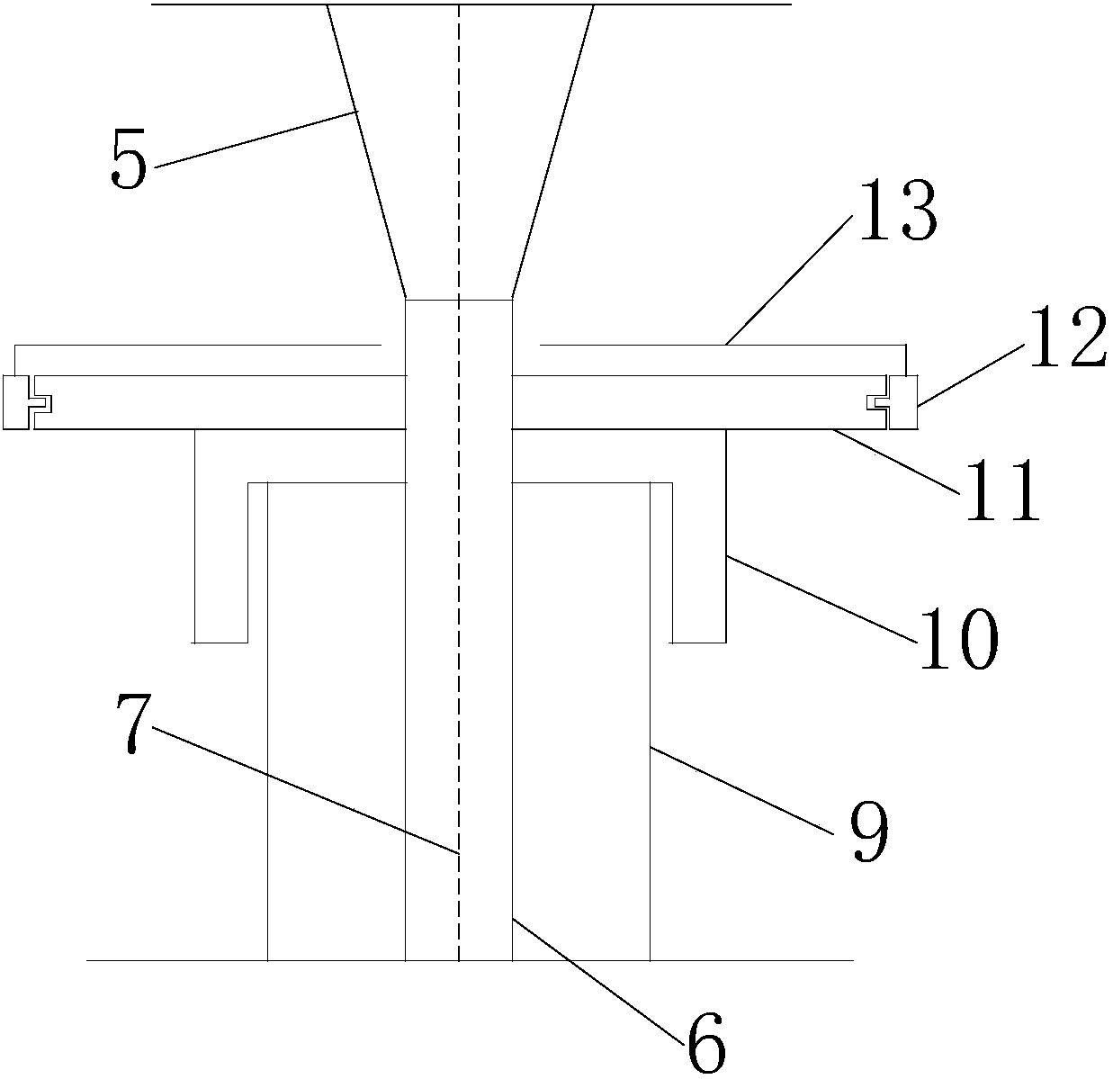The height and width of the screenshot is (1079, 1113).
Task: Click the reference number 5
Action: pos(128,160)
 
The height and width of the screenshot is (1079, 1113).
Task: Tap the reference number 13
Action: pos(897,210)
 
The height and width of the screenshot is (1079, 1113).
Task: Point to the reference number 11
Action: pos(1002,490)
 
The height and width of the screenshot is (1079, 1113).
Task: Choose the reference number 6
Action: pos(705,1043)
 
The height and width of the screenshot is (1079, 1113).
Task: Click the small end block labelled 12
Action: pos(902,402)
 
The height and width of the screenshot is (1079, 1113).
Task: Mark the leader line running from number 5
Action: pos(256,138)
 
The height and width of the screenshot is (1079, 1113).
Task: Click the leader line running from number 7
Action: pos(306,789)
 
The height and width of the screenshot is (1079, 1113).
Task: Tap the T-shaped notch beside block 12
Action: pos(878,403)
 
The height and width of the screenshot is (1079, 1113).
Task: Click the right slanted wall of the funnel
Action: pos(552,153)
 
